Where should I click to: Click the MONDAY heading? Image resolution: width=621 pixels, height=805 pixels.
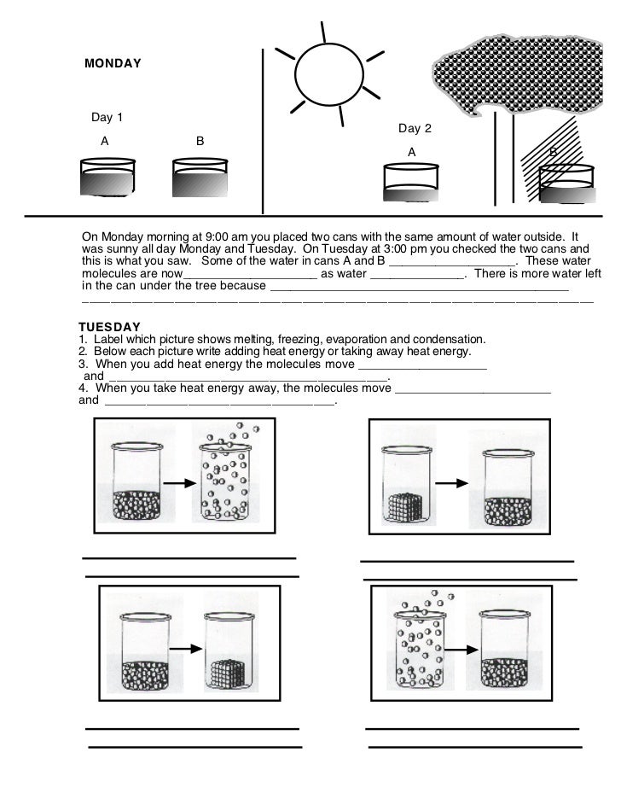click(113, 64)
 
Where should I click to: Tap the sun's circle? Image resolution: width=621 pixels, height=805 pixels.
click(323, 73)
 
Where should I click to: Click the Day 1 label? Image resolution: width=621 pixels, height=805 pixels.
click(107, 117)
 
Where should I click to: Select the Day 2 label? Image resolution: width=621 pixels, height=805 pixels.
click(415, 129)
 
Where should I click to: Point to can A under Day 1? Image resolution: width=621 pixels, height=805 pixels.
click(107, 178)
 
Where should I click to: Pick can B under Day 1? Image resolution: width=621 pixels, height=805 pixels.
click(200, 178)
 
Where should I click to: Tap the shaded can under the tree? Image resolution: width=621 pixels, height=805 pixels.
click(566, 184)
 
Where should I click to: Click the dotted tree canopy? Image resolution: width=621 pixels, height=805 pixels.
click(525, 73)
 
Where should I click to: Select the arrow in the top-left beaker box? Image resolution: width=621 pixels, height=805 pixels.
click(178, 483)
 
